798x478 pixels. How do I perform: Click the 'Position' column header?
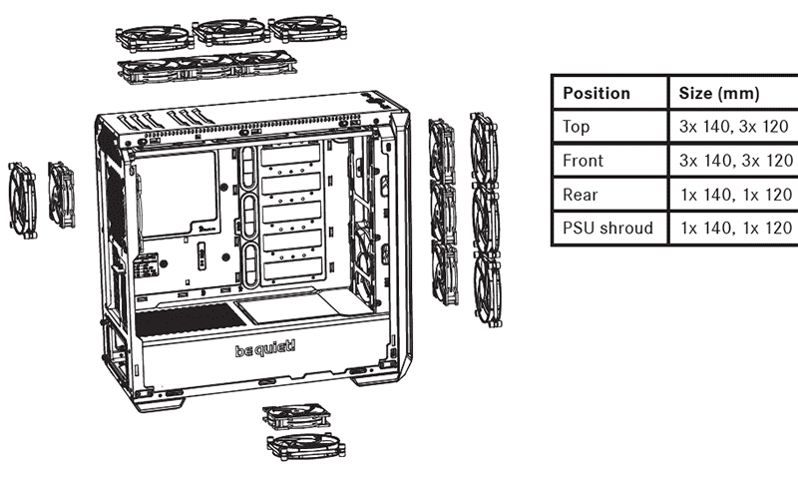[x=596, y=93]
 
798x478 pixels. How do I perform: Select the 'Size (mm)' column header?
[x=718, y=93]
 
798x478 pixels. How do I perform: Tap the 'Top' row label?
[x=576, y=127]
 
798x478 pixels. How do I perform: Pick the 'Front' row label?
[x=583, y=161]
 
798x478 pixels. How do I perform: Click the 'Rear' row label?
[x=581, y=195]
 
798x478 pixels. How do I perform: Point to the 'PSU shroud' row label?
[x=607, y=228]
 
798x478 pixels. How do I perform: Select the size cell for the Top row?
[x=733, y=127]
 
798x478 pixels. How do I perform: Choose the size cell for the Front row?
[x=735, y=161]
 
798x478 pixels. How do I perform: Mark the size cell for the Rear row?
[x=736, y=195]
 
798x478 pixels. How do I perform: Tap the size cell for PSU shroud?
[x=736, y=228]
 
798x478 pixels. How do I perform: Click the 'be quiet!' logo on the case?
[x=265, y=349]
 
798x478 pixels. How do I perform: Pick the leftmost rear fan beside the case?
[x=22, y=201]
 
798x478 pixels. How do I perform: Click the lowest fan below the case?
[x=306, y=447]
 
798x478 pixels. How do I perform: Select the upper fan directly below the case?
[x=296, y=416]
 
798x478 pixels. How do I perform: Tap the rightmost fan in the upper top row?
[x=307, y=28]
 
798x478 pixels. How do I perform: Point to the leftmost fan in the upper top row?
[x=155, y=38]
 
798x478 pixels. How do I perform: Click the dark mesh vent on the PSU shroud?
[x=190, y=318]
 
